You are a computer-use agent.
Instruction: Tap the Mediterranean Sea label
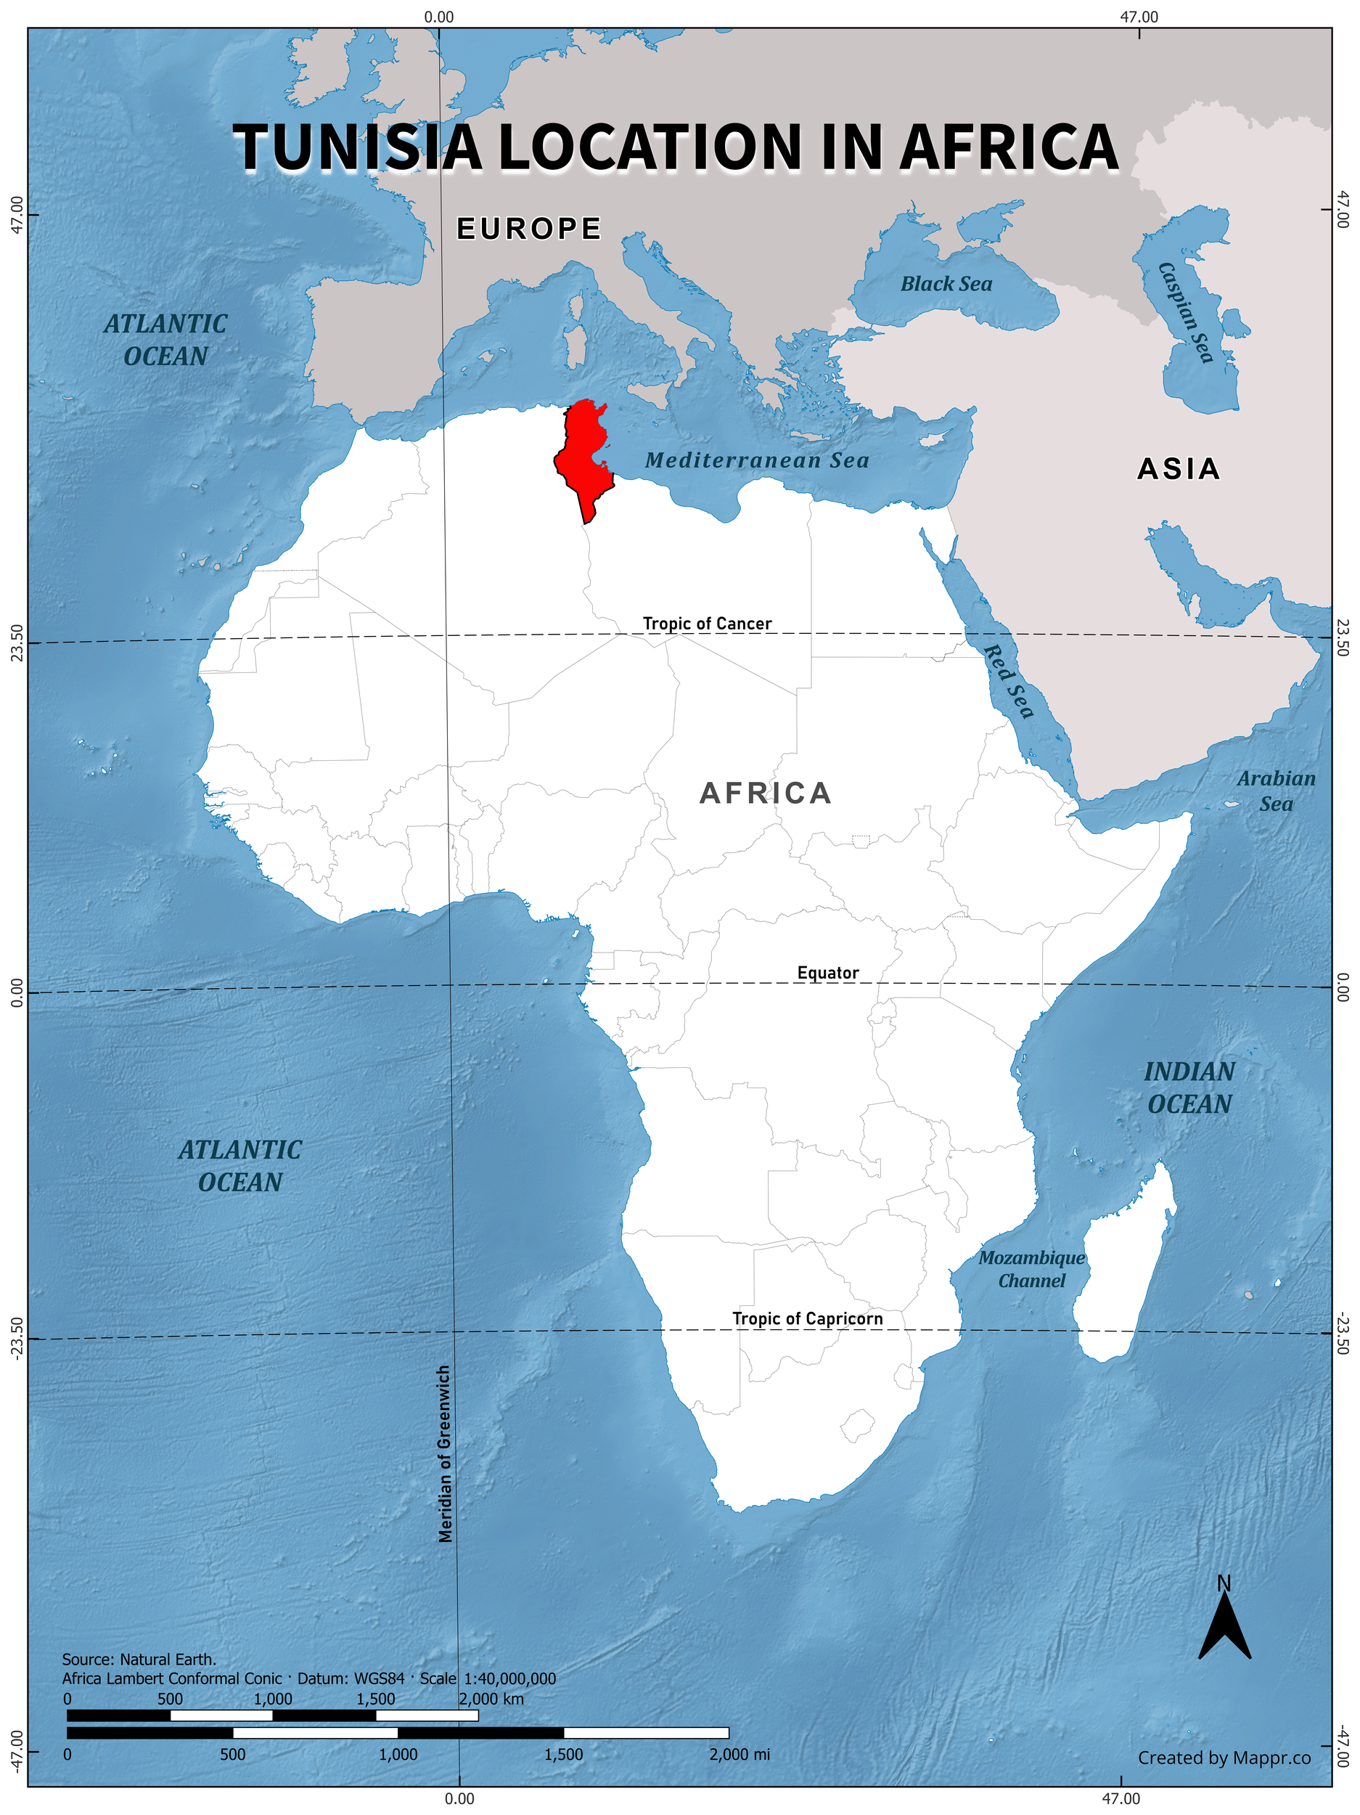756,460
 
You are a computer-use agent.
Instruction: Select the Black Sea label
946,284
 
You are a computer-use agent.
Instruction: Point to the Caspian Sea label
1184,311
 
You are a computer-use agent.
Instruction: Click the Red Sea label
1008,680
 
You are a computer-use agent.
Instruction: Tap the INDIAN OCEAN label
1189,1088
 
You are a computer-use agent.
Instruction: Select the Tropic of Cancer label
706,624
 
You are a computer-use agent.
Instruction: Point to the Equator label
827,973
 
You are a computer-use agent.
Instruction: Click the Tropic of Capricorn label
807,1318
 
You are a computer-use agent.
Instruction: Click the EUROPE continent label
529,229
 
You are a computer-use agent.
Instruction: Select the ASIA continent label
1178,469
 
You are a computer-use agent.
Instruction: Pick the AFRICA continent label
766,794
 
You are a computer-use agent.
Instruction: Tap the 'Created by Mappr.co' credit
1223,1758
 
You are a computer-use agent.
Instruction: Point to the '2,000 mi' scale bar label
738,1754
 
